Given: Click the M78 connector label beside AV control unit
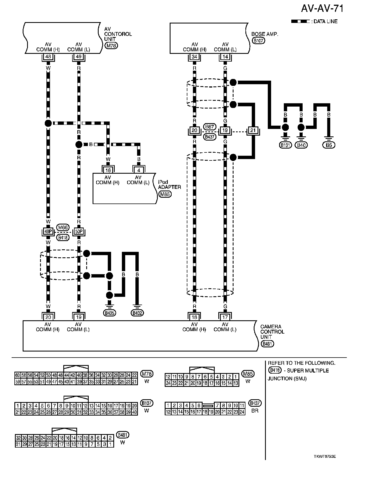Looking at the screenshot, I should coord(111,46).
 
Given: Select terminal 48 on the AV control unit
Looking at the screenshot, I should coord(48,57).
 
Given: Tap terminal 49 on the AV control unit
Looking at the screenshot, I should coord(79,57).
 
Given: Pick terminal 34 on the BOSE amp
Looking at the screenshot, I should coord(195,57).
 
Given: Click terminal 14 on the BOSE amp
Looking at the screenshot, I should coord(225,57).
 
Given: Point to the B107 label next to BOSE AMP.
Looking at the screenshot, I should coord(258,41).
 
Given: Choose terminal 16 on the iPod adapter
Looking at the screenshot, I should coord(108,170).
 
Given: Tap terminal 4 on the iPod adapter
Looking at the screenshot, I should coord(139,170).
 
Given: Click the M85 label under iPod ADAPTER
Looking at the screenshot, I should coord(165,194).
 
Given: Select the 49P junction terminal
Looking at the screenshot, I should coord(48,231).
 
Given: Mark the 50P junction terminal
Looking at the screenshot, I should coord(79,231).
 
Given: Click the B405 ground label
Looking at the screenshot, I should coord(109,313).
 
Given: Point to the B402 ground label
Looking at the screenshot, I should coord(137,313).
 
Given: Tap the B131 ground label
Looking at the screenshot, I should coord(285,145).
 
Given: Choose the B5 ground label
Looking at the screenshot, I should coord(329,145).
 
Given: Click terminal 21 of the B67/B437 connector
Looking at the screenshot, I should coord(253,130).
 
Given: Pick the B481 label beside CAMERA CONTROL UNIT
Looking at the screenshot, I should coord(267,344).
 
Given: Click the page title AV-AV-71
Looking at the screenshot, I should coord(322,9).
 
